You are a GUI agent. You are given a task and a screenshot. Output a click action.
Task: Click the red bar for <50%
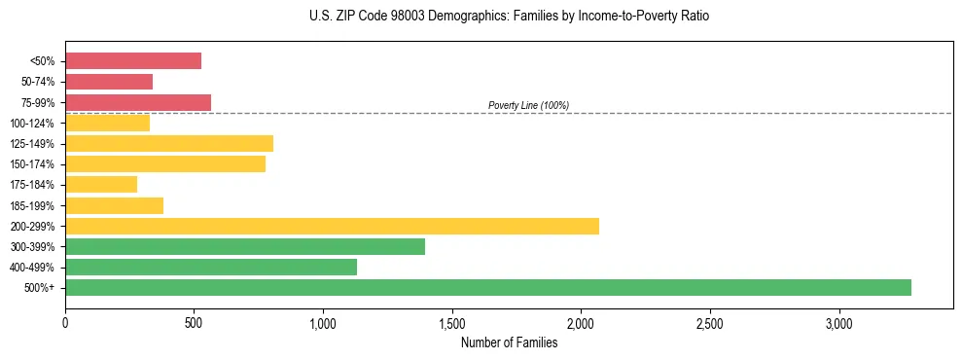point(133,61)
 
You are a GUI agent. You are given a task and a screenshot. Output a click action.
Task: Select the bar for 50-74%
point(109,82)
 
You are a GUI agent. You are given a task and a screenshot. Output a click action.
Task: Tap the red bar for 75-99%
point(138,102)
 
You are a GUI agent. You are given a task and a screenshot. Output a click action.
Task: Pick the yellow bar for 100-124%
point(107,123)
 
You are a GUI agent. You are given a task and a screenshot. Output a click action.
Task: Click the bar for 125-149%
point(169,144)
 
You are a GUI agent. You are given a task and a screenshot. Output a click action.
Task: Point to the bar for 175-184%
point(101,185)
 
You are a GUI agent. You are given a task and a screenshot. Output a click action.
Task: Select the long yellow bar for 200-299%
point(332,226)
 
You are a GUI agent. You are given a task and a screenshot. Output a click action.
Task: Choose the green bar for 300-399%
point(245,246)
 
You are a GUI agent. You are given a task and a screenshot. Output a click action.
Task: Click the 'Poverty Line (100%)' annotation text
point(528,105)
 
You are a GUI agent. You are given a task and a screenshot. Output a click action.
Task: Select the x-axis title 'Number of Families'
point(509,342)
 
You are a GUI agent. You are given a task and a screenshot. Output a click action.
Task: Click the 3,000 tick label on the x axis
point(838,322)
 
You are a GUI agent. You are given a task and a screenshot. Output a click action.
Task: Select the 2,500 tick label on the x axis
point(710,322)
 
